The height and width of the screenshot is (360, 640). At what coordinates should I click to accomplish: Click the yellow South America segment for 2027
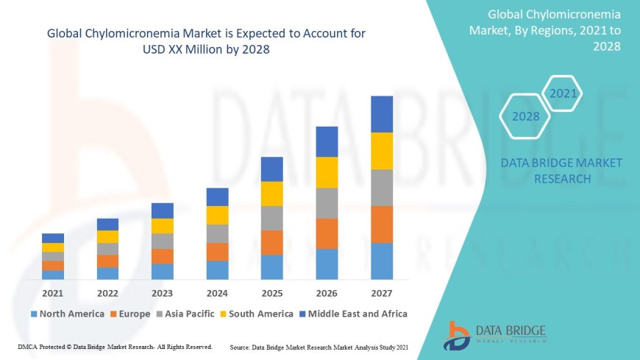382,151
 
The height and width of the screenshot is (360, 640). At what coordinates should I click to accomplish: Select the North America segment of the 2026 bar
327,264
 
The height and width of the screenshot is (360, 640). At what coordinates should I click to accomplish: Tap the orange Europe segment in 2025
272,242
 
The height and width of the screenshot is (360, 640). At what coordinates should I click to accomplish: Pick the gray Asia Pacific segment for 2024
217,233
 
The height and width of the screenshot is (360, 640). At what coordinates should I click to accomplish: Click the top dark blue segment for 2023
163,211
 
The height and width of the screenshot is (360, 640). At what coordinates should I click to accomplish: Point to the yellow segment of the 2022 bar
107,236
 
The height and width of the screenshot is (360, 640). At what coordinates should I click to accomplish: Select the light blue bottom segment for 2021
53,275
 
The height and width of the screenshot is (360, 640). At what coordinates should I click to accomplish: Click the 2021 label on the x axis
53,292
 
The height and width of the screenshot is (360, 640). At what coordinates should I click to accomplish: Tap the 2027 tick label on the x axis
382,292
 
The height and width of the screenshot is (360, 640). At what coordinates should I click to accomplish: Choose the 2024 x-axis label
217,292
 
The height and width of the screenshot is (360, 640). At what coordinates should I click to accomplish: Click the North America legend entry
67,314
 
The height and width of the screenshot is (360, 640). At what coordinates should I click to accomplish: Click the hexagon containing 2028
525,116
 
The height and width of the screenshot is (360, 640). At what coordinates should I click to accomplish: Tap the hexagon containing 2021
563,93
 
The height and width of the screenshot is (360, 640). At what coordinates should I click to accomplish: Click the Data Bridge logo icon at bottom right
457,335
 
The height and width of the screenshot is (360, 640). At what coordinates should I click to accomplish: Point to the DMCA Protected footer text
115,346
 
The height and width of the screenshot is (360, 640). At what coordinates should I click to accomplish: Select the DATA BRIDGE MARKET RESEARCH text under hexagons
561,171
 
